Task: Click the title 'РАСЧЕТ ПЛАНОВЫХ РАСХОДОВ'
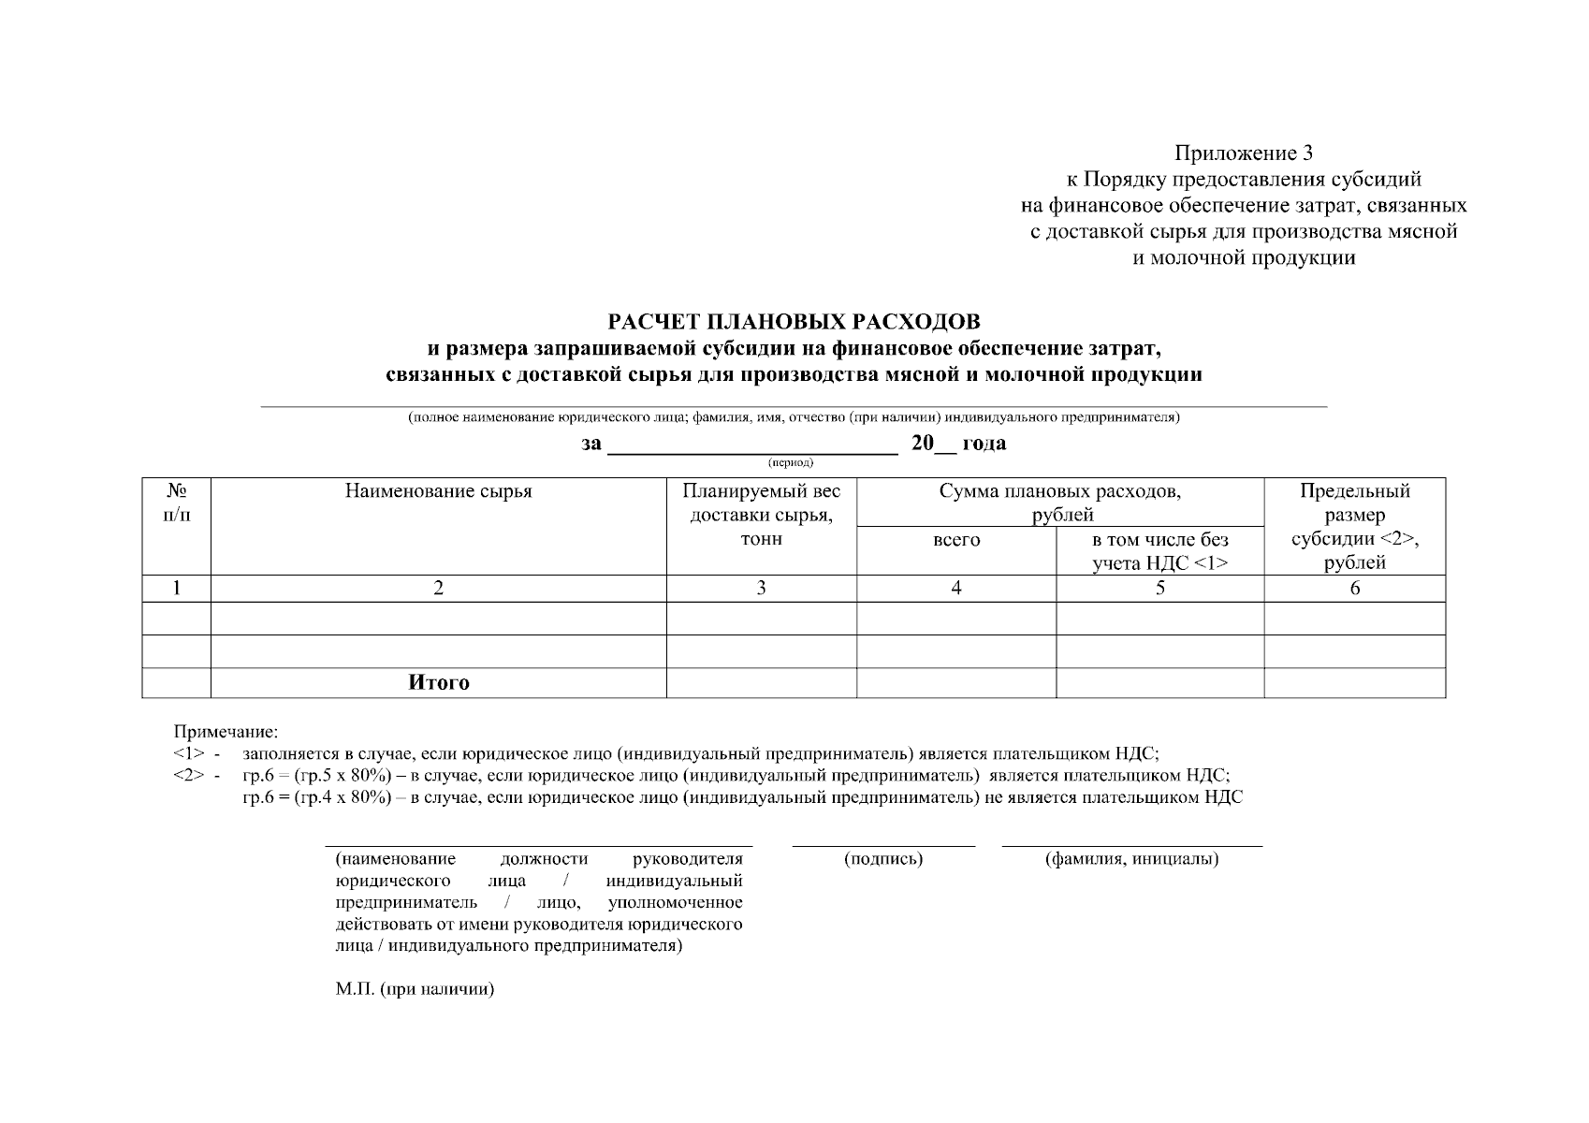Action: click(x=794, y=323)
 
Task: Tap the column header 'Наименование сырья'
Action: click(x=438, y=492)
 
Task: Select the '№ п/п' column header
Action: click(x=176, y=503)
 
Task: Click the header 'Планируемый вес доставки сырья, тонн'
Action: click(x=761, y=516)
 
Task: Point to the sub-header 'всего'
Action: click(x=956, y=541)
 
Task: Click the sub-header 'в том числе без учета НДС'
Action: click(x=1159, y=552)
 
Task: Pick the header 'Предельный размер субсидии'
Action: click(x=1354, y=527)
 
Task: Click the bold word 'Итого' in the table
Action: click(x=438, y=683)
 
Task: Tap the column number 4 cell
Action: click(x=956, y=589)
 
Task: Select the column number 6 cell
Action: click(x=1354, y=589)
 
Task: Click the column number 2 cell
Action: click(x=438, y=589)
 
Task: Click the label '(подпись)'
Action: click(x=882, y=859)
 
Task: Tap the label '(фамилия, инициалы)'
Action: click(x=1131, y=859)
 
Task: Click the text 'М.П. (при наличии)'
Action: click(x=415, y=990)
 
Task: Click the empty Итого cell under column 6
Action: click(x=1354, y=683)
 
